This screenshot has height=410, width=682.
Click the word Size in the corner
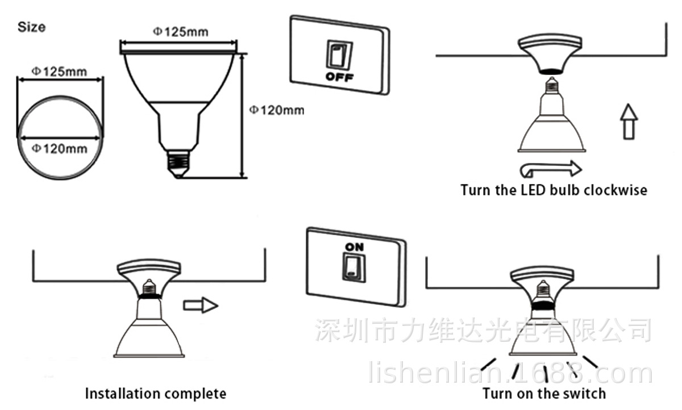pyautogui.click(x=32, y=27)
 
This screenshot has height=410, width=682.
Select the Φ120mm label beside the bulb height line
pyautogui.click(x=277, y=110)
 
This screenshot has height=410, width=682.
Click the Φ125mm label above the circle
pyautogui.click(x=59, y=72)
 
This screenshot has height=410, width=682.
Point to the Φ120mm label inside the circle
pyautogui.click(x=59, y=149)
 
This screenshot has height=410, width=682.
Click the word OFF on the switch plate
pyautogui.click(x=339, y=76)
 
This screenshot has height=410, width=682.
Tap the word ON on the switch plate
pyautogui.click(x=354, y=247)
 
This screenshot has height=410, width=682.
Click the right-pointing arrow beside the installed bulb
pyautogui.click(x=201, y=305)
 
